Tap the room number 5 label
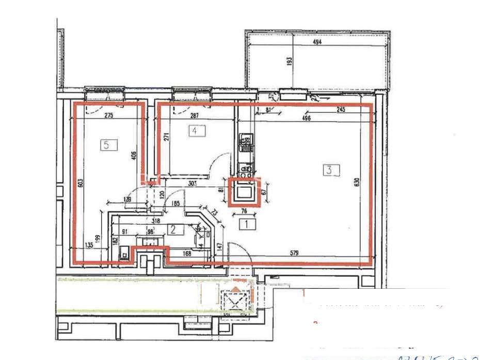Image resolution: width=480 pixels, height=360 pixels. (106, 145)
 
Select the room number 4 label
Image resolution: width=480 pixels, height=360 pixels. (195, 131)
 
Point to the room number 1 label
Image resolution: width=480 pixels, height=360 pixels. (248, 224)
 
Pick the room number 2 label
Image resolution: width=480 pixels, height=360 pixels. (174, 230)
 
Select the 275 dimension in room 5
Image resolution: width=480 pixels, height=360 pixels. (109, 116)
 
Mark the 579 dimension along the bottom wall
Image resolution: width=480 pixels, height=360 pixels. (299, 253)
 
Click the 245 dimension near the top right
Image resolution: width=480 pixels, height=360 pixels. (340, 109)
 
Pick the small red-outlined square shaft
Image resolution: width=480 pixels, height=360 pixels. (244, 192)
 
